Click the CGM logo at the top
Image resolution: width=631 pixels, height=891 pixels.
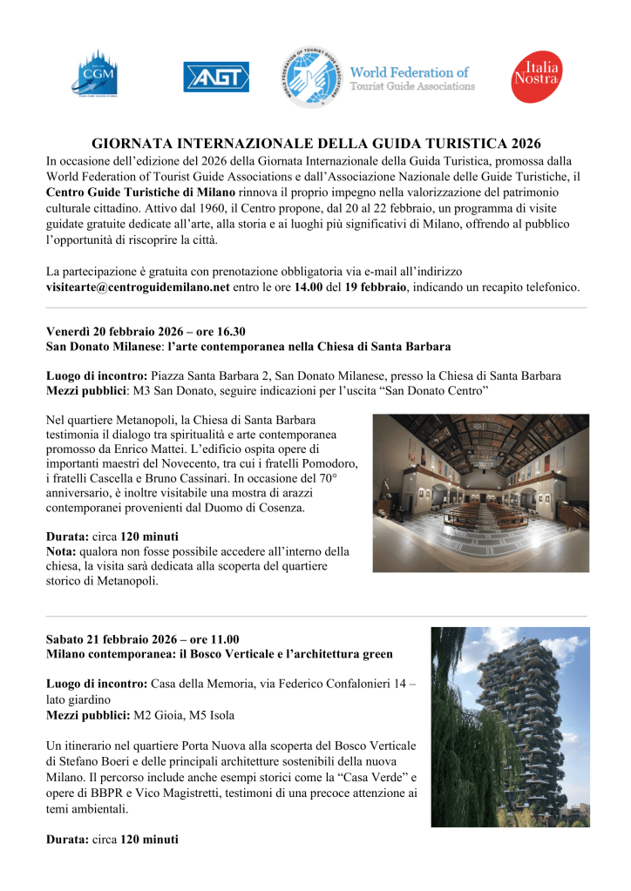(95, 73)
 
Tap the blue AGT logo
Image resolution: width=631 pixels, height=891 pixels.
(216, 77)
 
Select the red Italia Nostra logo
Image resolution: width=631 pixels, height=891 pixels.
(536, 77)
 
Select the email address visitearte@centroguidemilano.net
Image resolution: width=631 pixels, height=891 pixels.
(138, 287)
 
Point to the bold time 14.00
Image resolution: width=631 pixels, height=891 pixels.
(310, 287)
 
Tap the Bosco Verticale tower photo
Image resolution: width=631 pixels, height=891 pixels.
(510, 726)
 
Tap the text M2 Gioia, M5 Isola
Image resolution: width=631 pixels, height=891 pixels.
(183, 715)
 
